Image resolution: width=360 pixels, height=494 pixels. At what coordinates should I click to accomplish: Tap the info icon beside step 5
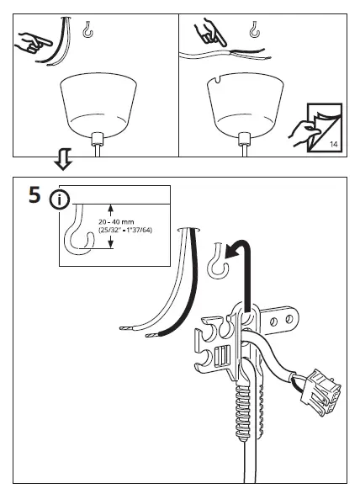60,200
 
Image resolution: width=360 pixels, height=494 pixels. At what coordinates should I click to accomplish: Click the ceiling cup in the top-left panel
97,105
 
